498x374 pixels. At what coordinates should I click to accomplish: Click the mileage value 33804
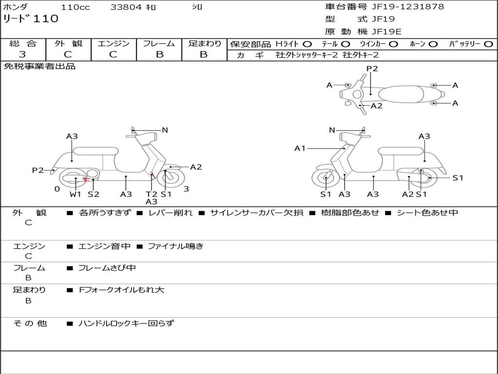tap(126, 7)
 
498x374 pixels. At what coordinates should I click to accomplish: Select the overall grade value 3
tap(23, 55)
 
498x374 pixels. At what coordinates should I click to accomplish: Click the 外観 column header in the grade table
tap(68, 44)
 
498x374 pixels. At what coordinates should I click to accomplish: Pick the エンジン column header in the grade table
tap(113, 44)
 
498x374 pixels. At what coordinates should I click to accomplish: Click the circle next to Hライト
tap(307, 44)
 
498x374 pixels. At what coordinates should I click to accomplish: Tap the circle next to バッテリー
tap(488, 44)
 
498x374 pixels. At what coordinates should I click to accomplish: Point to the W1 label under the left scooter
tap(75, 194)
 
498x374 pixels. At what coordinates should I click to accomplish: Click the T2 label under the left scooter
tap(151, 194)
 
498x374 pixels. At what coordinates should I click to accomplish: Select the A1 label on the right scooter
tap(300, 149)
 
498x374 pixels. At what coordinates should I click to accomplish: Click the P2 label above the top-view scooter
tap(372, 69)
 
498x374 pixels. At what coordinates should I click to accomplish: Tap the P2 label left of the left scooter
tap(37, 170)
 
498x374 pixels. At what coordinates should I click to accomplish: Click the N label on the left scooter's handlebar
tap(165, 130)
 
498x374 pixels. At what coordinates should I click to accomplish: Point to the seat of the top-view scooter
tap(401, 94)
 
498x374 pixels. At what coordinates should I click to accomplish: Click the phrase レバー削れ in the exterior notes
tap(170, 213)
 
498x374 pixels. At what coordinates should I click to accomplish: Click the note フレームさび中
tap(107, 268)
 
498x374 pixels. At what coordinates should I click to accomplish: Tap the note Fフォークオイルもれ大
tap(122, 290)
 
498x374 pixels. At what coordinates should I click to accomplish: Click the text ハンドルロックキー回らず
tap(126, 323)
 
